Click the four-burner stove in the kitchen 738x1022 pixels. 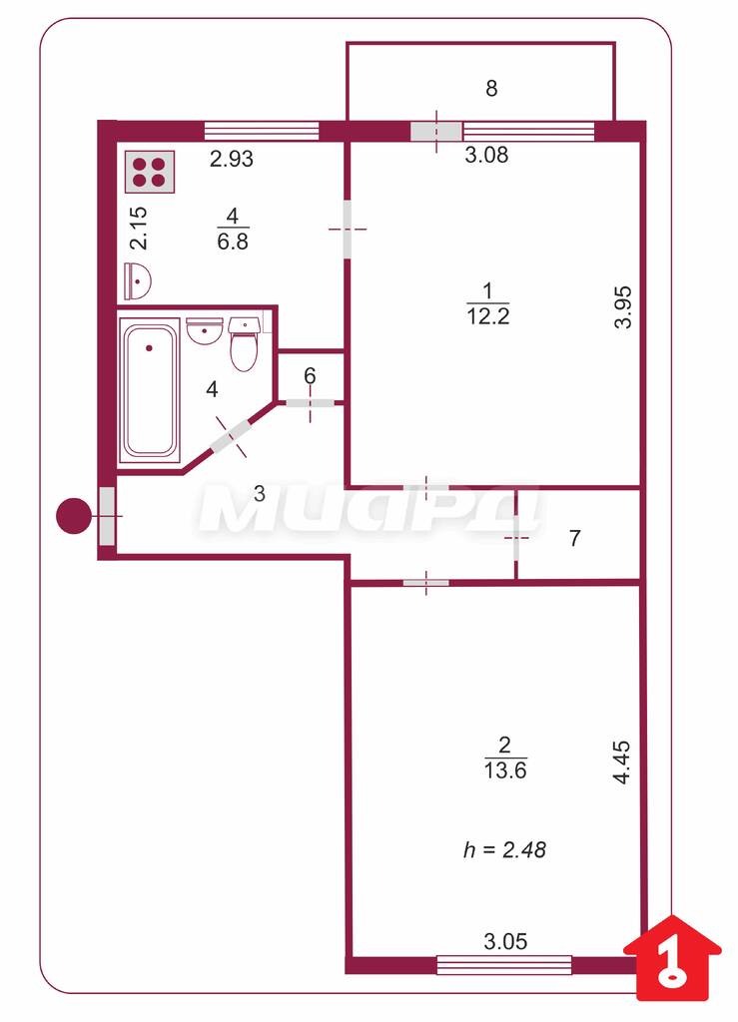click(x=150, y=172)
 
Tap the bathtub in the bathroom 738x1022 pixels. click(x=149, y=390)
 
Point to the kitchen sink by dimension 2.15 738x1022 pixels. click(x=138, y=280)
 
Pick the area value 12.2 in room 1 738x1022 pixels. click(x=488, y=316)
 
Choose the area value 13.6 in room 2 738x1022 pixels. click(x=505, y=769)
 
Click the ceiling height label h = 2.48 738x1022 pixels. click(x=504, y=849)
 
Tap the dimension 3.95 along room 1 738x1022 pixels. click(x=624, y=307)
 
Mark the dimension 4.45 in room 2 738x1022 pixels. click(x=622, y=762)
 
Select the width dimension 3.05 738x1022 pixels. click(x=505, y=940)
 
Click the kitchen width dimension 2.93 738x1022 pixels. click(x=232, y=159)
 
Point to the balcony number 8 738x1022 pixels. click(x=491, y=88)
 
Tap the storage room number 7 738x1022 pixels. click(x=574, y=538)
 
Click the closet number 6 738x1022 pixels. click(x=310, y=376)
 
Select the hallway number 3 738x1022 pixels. click(x=260, y=493)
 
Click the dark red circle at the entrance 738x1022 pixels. click(x=74, y=516)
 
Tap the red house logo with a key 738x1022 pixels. click(x=673, y=958)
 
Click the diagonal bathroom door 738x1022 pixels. click(x=230, y=437)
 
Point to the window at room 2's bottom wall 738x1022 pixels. click(x=504, y=965)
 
